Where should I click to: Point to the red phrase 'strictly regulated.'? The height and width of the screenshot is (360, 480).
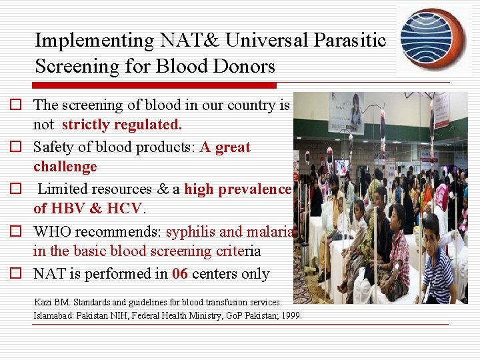[121, 125]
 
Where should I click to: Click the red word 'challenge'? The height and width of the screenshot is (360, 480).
[65, 166]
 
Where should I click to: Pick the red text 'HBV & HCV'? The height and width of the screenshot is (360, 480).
[87, 208]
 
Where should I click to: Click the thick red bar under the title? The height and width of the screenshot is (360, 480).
[154, 85]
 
